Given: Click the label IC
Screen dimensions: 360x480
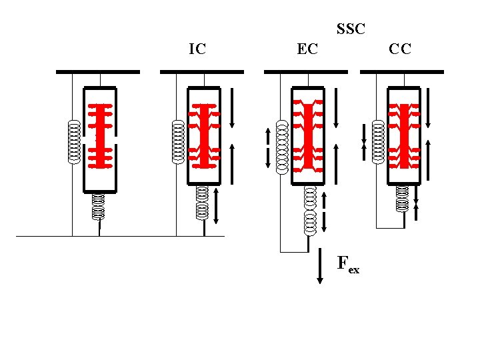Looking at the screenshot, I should click(197, 49).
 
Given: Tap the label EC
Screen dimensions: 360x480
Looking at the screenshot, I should click(307, 49).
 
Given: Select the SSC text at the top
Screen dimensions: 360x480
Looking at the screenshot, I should click(351, 29).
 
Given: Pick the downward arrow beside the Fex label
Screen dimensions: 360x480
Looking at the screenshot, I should click(320, 267).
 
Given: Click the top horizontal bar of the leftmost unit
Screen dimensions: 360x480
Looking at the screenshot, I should click(97, 71).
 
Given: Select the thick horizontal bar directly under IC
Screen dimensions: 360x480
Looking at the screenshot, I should click(202, 71).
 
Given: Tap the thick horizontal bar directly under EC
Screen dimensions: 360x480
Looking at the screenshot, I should click(306, 71).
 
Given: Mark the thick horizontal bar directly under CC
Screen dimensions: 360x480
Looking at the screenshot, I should click(401, 71).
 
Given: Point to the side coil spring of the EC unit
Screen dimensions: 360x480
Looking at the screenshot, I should click(281, 146).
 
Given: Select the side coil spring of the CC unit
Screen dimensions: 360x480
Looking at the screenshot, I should click(378, 141).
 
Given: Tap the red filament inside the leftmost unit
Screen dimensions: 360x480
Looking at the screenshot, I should click(101, 137).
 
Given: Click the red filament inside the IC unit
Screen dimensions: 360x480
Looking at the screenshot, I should click(205, 137).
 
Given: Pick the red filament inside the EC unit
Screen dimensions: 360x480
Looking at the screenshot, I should click(308, 137).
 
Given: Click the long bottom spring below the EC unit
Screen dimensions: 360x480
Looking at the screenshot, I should click(309, 211).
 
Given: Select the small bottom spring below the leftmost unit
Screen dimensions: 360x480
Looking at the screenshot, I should click(99, 206).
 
